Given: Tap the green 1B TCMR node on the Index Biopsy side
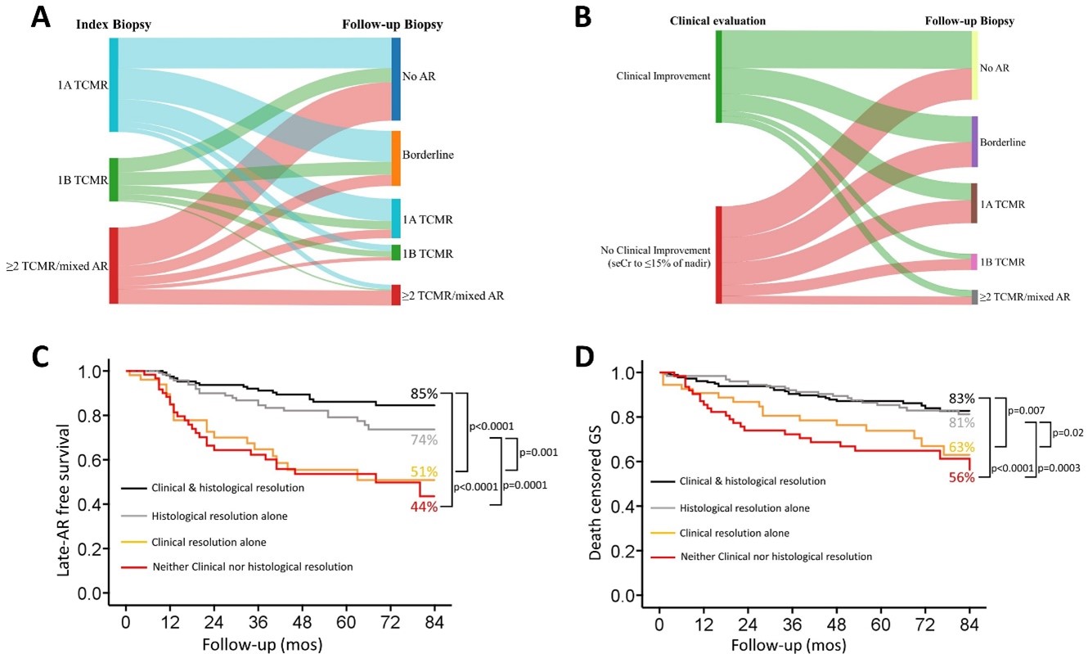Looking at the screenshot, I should [x=114, y=179].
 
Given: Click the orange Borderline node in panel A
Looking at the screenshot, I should [x=396, y=158].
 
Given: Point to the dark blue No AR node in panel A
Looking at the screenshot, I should [x=396, y=79].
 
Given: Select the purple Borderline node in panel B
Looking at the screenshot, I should [x=974, y=142].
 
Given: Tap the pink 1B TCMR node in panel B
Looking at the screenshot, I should [x=974, y=262].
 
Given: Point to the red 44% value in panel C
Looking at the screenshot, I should [x=424, y=507].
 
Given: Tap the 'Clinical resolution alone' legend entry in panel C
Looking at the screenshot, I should [x=209, y=542].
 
